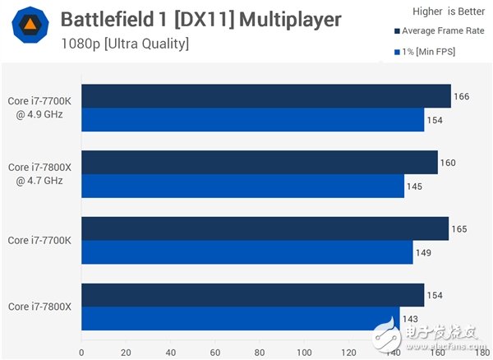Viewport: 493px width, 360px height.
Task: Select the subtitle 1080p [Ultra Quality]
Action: point(124,44)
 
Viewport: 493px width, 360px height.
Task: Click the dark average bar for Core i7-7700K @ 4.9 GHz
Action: point(265,96)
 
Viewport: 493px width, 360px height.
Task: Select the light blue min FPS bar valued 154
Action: point(252,120)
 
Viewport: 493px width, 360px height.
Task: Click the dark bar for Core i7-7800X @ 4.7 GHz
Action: point(259,162)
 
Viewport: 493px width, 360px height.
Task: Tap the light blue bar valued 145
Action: point(242,187)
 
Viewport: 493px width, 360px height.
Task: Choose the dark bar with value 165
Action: point(265,228)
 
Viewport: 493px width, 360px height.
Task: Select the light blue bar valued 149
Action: point(246,252)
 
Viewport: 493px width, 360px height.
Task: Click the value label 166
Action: point(461,96)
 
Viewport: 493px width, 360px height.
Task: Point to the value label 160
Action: point(448,162)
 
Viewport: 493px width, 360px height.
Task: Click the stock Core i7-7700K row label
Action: point(39,240)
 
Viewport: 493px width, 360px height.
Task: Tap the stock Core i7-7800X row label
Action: point(39,307)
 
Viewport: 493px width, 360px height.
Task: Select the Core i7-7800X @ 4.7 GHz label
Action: point(39,173)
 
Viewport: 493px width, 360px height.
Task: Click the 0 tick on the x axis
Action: point(81,353)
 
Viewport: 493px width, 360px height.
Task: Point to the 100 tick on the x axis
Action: point(303,353)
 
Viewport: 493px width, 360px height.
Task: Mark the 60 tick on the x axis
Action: point(214,353)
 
